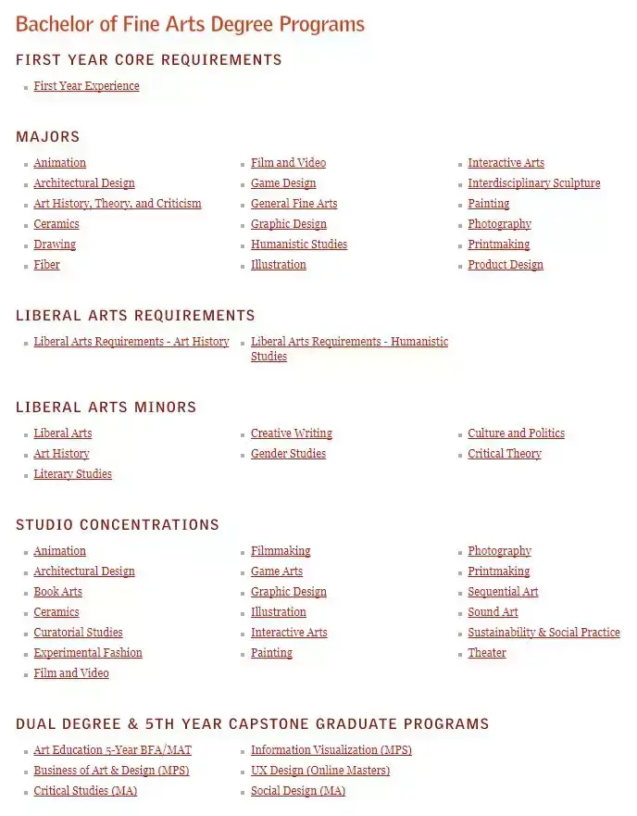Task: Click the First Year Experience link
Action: click(x=86, y=86)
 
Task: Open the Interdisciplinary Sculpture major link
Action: click(x=533, y=183)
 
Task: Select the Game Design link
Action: click(x=283, y=183)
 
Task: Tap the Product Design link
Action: click(x=506, y=265)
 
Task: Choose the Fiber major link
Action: click(x=46, y=265)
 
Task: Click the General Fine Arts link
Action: click(x=294, y=204)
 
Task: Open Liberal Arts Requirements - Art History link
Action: click(x=131, y=342)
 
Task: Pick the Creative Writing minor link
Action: click(x=291, y=433)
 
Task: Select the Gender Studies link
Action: click(x=288, y=454)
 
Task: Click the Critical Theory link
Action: click(x=505, y=454)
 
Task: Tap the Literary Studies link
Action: click(x=72, y=474)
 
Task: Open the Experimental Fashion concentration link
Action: click(x=88, y=653)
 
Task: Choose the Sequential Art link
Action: click(x=503, y=592)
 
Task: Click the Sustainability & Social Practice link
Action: click(x=543, y=633)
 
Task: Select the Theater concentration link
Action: click(x=487, y=653)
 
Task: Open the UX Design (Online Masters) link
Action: click(x=320, y=771)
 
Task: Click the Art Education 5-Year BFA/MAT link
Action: click(x=112, y=750)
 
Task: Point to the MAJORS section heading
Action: click(x=48, y=137)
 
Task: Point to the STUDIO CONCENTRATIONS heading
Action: click(x=118, y=525)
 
